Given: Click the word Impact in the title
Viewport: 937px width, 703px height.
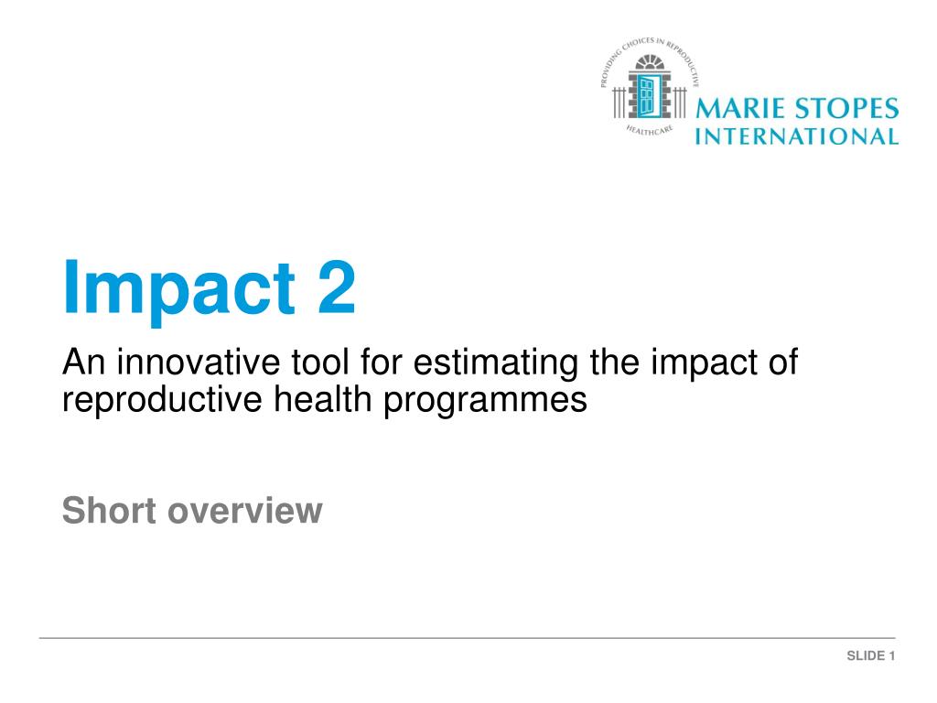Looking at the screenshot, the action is (x=179, y=290).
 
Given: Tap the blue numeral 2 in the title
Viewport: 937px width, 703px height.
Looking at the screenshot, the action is (x=337, y=287).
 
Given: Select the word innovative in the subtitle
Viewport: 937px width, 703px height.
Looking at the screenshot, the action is (x=198, y=362).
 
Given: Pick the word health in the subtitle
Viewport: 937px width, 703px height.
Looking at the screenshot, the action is (x=323, y=399).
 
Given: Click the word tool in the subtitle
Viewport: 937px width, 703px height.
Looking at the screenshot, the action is (x=319, y=362).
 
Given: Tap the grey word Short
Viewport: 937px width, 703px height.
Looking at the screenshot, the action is (x=110, y=510).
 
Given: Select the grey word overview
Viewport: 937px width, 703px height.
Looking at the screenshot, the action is (x=245, y=511).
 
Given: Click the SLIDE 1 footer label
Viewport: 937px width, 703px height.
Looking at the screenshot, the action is (x=871, y=655).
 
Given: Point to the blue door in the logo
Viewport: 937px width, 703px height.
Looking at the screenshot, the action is (x=647, y=95).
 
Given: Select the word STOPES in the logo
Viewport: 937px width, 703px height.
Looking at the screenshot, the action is (x=846, y=108).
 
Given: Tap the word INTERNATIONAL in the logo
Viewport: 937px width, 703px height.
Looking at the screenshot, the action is (x=797, y=136).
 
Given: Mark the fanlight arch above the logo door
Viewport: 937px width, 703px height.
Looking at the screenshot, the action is (x=650, y=62).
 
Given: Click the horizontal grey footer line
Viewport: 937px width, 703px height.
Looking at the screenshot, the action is (x=468, y=638).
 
